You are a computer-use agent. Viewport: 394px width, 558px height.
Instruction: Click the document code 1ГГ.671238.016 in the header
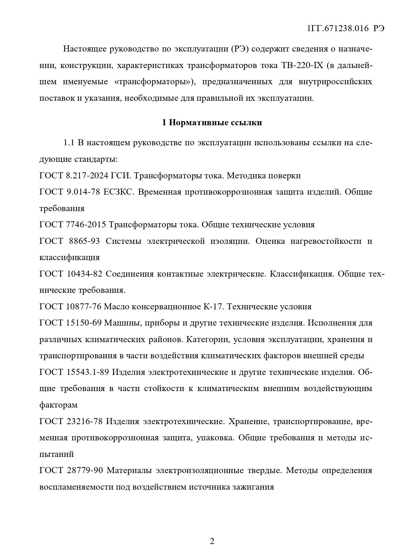(x=338, y=28)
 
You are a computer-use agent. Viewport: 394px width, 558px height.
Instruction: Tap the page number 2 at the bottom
(x=212, y=541)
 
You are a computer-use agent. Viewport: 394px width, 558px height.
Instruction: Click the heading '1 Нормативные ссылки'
(x=212, y=122)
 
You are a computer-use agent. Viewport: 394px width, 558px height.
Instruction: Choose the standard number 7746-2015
(x=86, y=225)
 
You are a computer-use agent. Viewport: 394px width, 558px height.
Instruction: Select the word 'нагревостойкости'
(x=325, y=241)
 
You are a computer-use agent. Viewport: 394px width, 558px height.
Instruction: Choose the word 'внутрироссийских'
(x=335, y=82)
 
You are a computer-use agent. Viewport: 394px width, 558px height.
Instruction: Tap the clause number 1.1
(x=69, y=143)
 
